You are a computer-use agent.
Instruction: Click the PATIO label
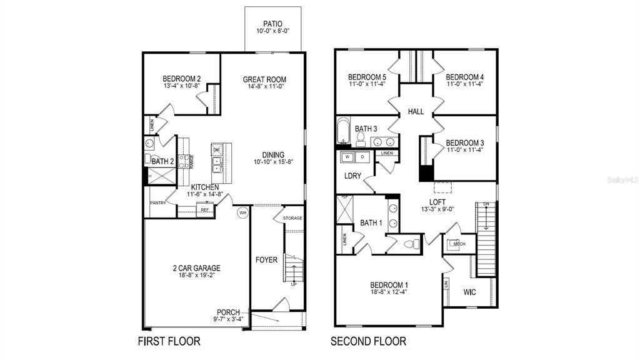click(x=272, y=24)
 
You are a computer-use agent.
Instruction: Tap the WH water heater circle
click(x=241, y=213)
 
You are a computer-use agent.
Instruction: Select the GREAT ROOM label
click(x=264, y=79)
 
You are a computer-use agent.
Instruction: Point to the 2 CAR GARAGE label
click(x=196, y=268)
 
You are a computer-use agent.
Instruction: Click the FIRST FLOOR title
click(x=169, y=341)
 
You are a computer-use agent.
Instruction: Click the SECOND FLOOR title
click(x=369, y=341)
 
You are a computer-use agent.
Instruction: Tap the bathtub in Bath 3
click(x=343, y=131)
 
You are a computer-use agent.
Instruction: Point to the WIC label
click(x=470, y=292)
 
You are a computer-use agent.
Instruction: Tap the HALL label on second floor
click(x=416, y=112)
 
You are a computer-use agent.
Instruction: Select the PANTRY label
click(x=157, y=203)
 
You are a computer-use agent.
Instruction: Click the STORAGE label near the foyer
click(x=292, y=218)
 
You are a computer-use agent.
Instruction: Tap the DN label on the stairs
click(x=485, y=204)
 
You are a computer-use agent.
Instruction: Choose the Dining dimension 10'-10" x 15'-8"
click(x=273, y=162)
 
